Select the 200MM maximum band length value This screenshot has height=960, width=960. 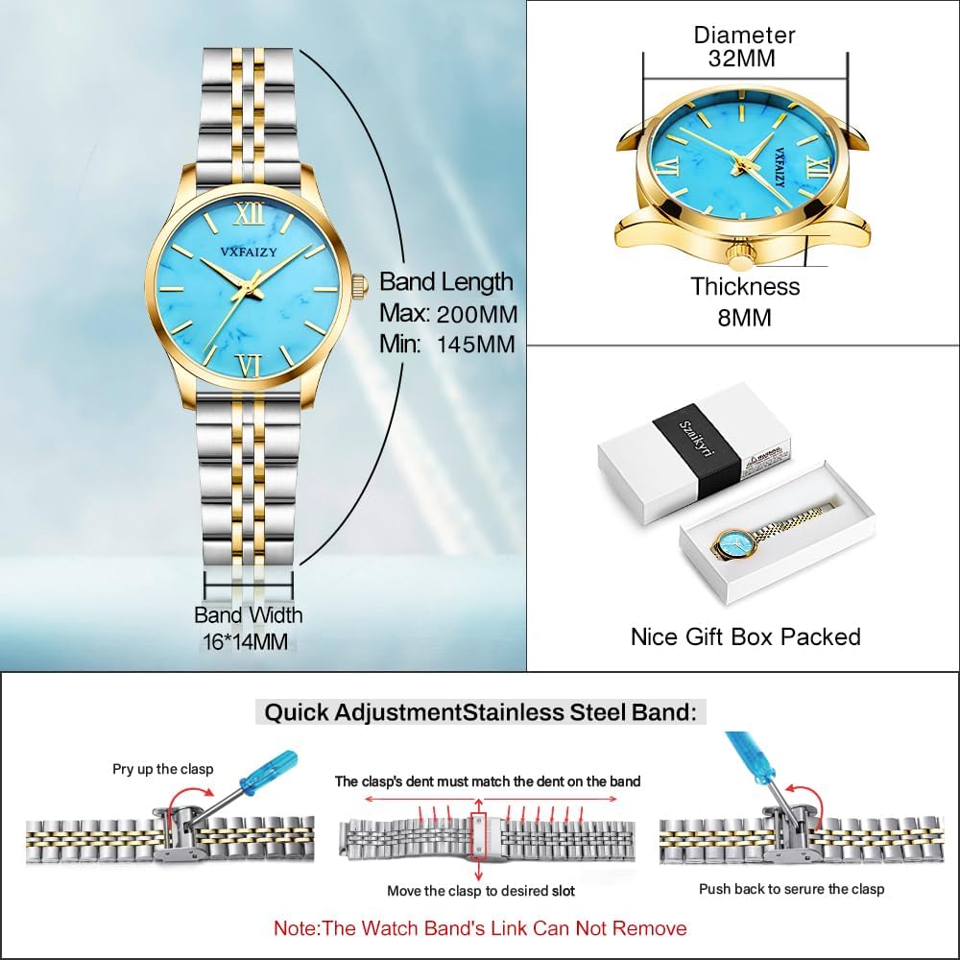coord(477,314)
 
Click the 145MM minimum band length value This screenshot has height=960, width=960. coord(477,344)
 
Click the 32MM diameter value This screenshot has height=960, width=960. coord(745,59)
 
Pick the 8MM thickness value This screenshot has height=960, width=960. coord(744,317)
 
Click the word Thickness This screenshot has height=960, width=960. coord(745,287)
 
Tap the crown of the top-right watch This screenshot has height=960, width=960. coord(740,256)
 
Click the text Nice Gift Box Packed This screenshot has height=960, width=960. coord(745,636)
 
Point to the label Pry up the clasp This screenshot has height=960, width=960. coord(163,769)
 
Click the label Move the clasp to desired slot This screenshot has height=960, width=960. coord(481,891)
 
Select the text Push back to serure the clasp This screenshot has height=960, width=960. coord(792,889)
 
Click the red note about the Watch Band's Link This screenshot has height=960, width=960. coord(480,928)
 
